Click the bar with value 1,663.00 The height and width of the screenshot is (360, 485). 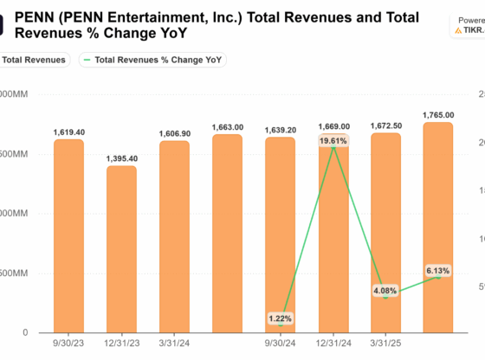point(227,234)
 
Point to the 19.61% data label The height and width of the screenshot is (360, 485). point(333,140)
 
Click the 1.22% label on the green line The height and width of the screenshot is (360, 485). point(280,318)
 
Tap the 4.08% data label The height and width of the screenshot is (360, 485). point(385,291)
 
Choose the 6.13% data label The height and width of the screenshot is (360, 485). point(437,271)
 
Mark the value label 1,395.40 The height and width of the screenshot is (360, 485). point(121,158)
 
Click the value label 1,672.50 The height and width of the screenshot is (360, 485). point(385,125)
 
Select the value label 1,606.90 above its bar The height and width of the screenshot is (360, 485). point(174,133)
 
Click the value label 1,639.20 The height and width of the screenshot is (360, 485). point(280,130)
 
